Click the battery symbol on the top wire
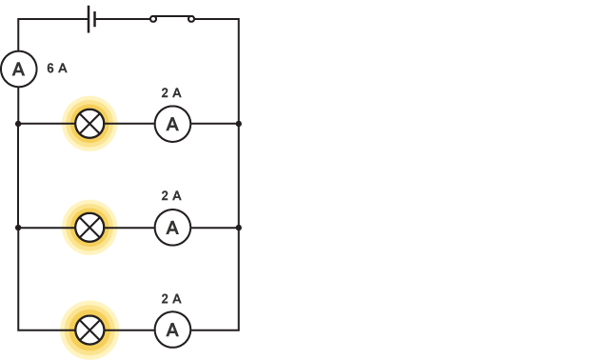(92, 19)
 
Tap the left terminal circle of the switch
(153, 19)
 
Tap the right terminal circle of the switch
(191, 19)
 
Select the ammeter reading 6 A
(18, 70)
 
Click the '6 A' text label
(57, 69)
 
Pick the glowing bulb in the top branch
(89, 124)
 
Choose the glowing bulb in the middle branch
(89, 228)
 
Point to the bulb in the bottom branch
(89, 330)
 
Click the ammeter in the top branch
(172, 124)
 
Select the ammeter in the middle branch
(172, 228)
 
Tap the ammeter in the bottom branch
(172, 330)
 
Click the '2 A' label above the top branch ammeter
(171, 93)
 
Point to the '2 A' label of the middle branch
(171, 196)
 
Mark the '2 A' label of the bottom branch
(171, 299)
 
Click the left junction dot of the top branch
(18, 124)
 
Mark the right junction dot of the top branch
(239, 124)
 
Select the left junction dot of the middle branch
(18, 228)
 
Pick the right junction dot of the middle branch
(239, 228)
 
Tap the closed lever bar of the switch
(172, 16)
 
